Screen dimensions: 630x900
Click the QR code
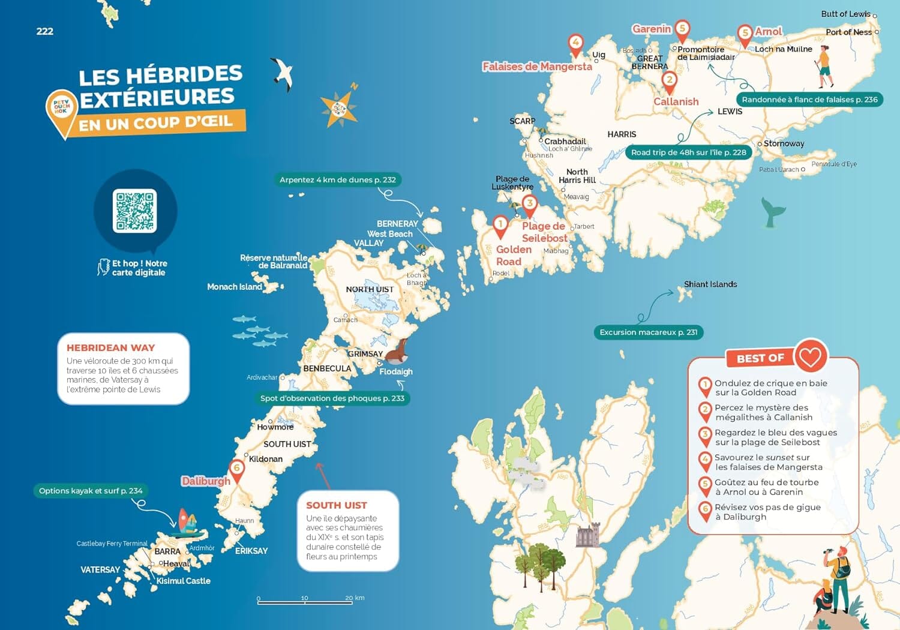(x=135, y=211)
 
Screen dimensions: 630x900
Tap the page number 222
(x=45, y=31)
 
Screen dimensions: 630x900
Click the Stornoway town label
(x=784, y=143)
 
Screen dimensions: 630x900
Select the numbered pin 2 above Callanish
(x=669, y=80)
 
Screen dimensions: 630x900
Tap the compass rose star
(x=339, y=109)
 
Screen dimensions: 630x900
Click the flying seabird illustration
(x=283, y=73)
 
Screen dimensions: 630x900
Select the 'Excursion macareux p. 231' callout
(x=648, y=332)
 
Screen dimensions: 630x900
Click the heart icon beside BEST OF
(x=810, y=357)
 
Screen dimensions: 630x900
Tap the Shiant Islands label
(x=710, y=284)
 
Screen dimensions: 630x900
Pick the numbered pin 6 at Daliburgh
(x=237, y=469)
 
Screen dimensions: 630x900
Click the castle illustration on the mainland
(x=587, y=535)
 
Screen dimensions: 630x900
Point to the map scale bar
(x=304, y=601)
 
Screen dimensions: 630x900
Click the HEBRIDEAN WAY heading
(x=111, y=348)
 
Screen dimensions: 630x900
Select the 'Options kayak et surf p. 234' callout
(x=91, y=491)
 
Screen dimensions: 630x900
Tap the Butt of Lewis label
(x=845, y=14)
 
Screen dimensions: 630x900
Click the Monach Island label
(x=235, y=287)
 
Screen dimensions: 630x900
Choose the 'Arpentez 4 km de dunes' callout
(x=338, y=179)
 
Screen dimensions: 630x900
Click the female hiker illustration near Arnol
(x=825, y=66)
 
